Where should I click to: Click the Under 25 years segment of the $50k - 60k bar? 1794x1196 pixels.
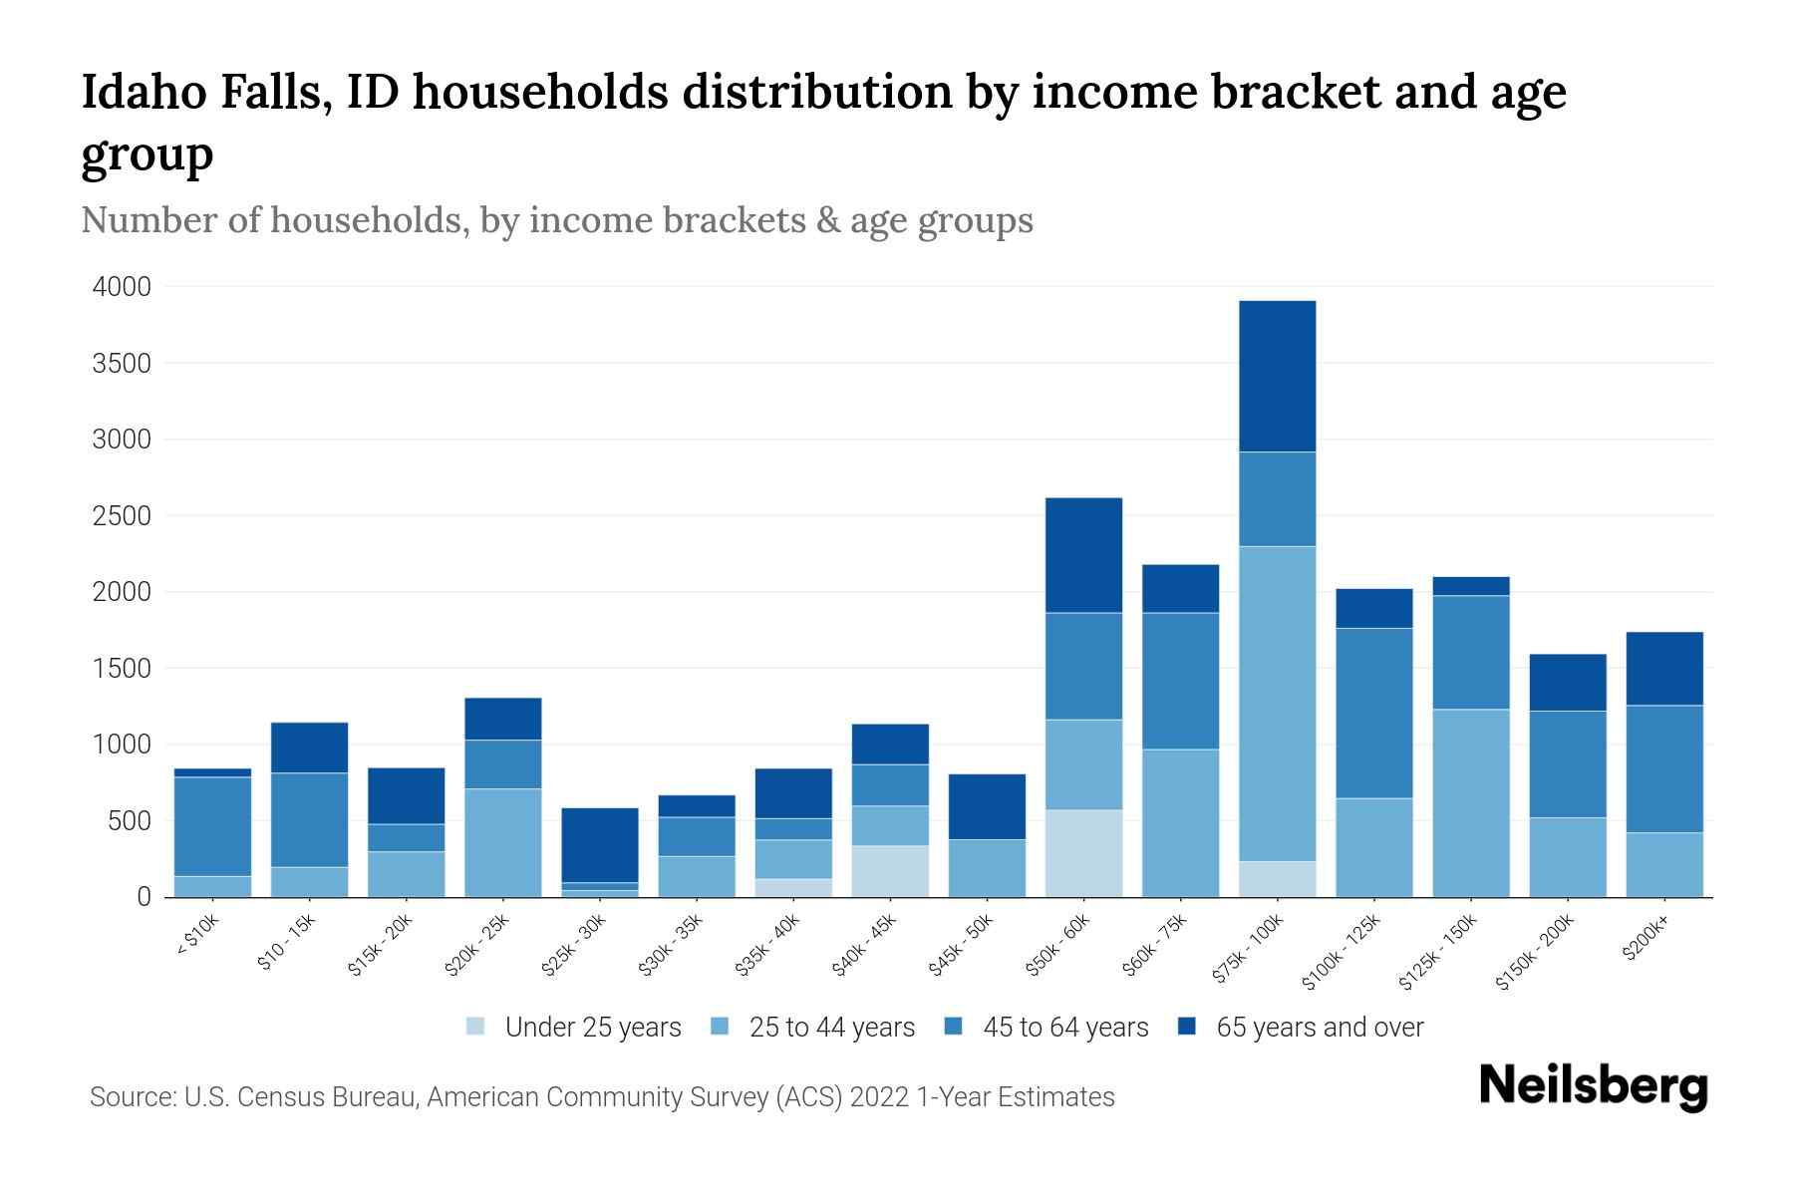(1083, 853)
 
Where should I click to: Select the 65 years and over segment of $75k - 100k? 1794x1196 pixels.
(1277, 376)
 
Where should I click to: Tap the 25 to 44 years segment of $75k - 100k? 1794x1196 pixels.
(1277, 703)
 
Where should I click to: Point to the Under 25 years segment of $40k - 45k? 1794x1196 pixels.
(890, 871)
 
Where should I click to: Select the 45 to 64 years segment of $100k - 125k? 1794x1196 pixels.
(1373, 713)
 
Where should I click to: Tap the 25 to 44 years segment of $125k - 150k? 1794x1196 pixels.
(1470, 802)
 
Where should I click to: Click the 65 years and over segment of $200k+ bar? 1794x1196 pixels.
(1663, 668)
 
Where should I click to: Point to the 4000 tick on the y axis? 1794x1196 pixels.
(122, 287)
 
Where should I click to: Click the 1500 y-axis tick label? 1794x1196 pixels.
(122, 669)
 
